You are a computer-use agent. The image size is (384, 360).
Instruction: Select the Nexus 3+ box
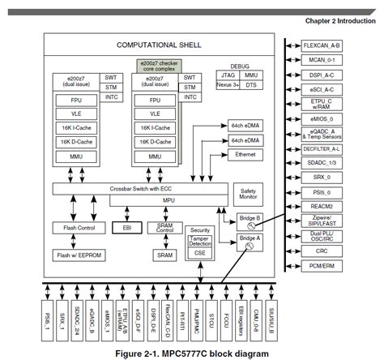229,84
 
